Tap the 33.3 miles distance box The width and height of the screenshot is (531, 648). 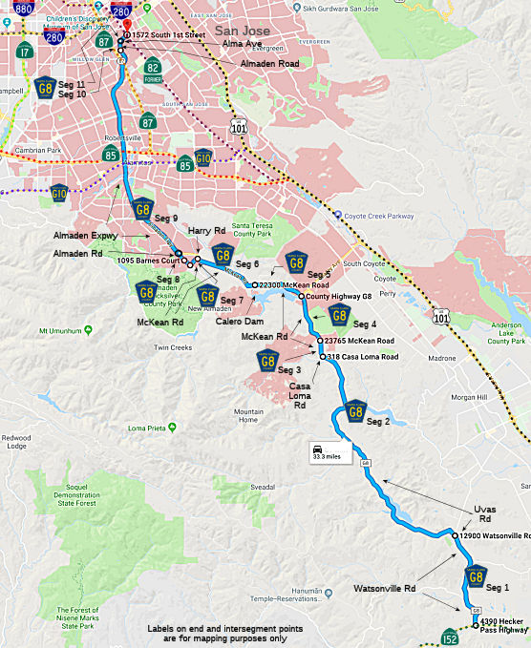point(325,451)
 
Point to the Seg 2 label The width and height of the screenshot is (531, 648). point(378,421)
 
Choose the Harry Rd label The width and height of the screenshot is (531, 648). point(205,231)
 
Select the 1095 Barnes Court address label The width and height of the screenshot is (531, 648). point(145,260)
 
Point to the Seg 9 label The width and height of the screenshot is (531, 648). point(167,219)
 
